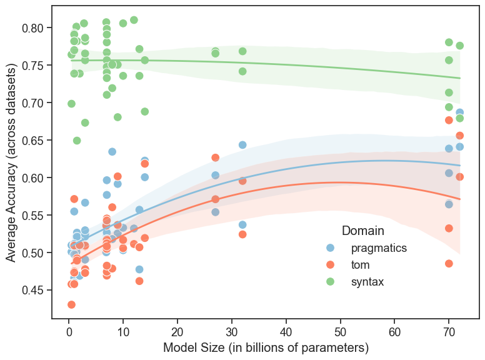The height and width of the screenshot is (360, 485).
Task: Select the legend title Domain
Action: (x=362, y=231)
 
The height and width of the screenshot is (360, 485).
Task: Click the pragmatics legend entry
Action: (x=378, y=248)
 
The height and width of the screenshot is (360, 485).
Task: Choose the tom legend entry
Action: (x=359, y=265)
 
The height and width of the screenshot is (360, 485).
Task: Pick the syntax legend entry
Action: (x=367, y=282)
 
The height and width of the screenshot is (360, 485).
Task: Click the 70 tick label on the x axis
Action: (x=449, y=330)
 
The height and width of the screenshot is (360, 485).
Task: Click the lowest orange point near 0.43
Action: (x=71, y=304)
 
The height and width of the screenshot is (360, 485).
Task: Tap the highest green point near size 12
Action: (x=134, y=20)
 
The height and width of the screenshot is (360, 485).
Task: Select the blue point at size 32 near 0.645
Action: (x=242, y=145)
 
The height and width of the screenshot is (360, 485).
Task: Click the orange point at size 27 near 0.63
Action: (x=216, y=157)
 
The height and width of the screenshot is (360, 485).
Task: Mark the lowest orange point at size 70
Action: (x=449, y=264)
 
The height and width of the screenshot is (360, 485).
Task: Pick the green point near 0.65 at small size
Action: (x=77, y=141)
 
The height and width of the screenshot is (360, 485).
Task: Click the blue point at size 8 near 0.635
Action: (x=112, y=152)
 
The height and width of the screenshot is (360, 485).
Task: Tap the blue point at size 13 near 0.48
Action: (x=139, y=269)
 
